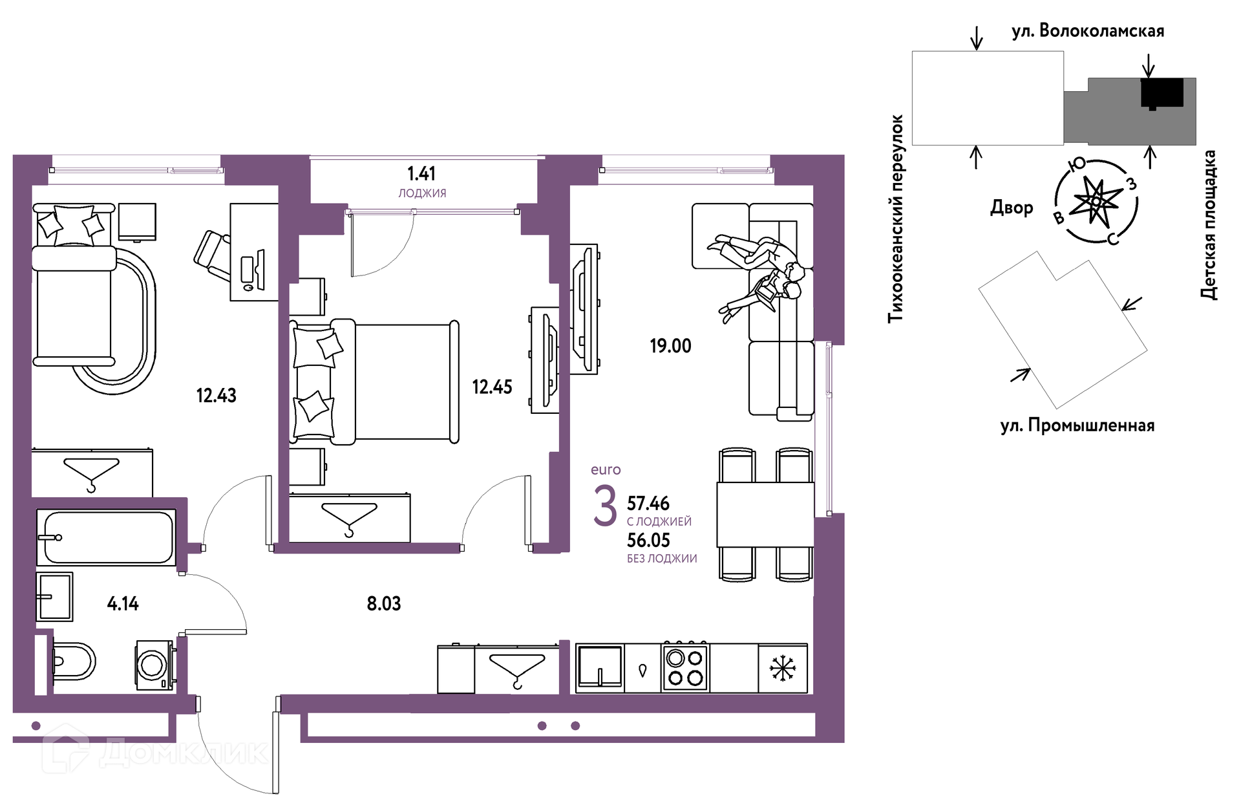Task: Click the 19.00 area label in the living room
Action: click(x=670, y=346)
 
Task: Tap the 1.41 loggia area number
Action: click(x=421, y=173)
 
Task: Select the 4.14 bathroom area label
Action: click(x=123, y=604)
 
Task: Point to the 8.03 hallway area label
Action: click(x=384, y=604)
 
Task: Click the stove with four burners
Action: click(x=685, y=668)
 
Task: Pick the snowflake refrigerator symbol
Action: click(x=782, y=668)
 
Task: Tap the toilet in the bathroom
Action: click(x=73, y=661)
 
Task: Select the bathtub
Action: click(x=106, y=537)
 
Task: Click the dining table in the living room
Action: click(x=765, y=515)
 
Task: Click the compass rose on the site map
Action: click(x=1096, y=201)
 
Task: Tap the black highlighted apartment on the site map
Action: click(x=1162, y=93)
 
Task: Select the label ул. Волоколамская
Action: click(x=1088, y=31)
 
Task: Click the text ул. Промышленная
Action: click(x=1077, y=425)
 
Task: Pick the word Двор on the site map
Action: click(x=1012, y=208)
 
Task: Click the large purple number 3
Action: click(x=605, y=506)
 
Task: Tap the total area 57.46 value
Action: click(x=648, y=503)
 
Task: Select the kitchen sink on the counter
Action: click(x=599, y=667)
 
